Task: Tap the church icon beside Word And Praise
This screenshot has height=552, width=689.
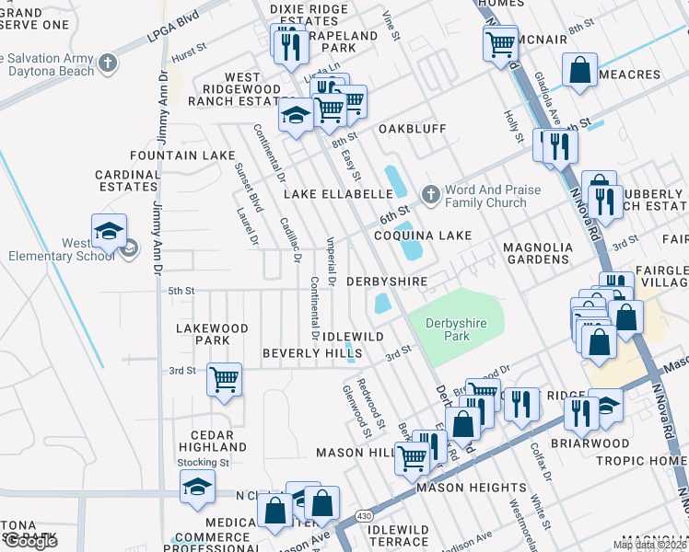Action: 429,195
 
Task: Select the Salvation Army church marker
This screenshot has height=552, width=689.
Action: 108,63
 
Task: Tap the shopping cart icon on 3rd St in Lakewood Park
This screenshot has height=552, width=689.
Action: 224,378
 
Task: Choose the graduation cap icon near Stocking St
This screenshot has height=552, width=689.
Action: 197,486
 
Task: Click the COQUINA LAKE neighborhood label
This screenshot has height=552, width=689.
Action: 423,236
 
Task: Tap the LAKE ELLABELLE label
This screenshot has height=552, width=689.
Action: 338,194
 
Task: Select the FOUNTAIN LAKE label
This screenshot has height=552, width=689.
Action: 182,155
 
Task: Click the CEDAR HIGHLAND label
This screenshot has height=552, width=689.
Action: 205,441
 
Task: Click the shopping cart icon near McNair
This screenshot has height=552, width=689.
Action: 500,42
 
